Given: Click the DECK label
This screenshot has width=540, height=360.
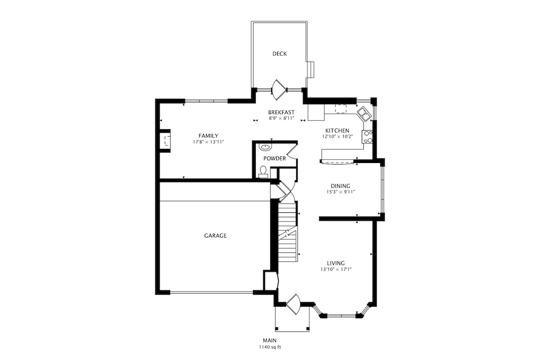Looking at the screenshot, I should [x=280, y=54].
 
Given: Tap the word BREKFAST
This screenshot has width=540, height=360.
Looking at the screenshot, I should [x=282, y=112].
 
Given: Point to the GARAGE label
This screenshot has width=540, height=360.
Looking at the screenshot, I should [x=215, y=235].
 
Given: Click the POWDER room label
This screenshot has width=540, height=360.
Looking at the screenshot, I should [x=274, y=158].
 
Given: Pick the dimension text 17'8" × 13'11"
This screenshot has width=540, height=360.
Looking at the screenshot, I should [x=208, y=142].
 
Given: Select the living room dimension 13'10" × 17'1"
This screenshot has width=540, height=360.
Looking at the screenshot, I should [x=336, y=269].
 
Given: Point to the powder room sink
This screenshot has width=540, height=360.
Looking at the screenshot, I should [x=266, y=147].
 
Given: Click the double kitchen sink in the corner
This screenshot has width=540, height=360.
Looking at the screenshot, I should [x=363, y=114].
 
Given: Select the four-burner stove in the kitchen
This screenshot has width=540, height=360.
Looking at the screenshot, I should [x=368, y=136].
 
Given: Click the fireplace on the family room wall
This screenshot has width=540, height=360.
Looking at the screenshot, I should [x=164, y=139].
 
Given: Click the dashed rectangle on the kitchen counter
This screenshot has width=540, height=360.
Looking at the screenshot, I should [x=342, y=109].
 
